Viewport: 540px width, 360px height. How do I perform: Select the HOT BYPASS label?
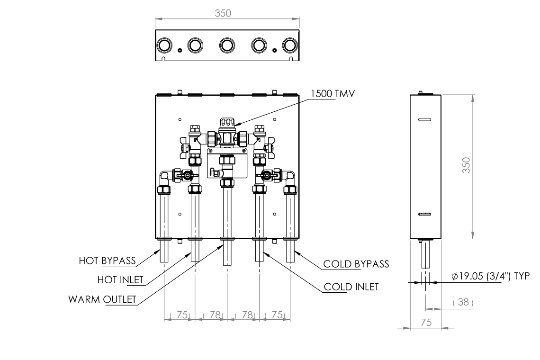tap(107, 260)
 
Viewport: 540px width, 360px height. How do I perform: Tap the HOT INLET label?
tap(120, 279)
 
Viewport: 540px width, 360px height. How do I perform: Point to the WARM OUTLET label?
tap(102, 299)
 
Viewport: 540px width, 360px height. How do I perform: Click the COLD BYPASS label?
tap(356, 264)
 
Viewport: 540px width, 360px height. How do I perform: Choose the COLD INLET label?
tap(351, 287)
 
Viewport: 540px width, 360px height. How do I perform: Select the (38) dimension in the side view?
tap(463, 302)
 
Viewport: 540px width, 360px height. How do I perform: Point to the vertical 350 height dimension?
tap(466, 165)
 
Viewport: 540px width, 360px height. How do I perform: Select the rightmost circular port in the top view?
tap(289, 45)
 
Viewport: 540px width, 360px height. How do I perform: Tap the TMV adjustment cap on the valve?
tap(227, 124)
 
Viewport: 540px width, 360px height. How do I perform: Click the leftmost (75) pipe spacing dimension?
tap(180, 315)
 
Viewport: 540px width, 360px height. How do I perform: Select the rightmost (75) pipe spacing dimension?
tap(275, 315)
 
